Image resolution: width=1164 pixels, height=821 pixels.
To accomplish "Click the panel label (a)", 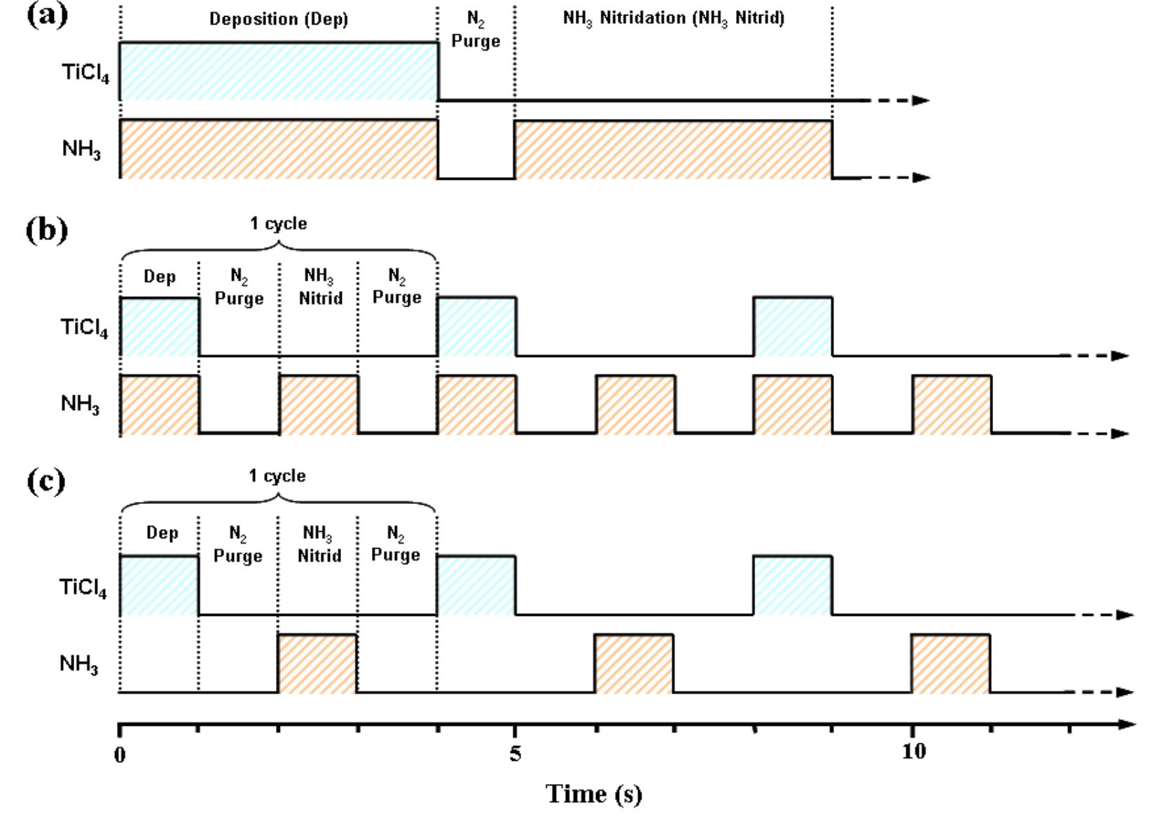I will tap(46, 14).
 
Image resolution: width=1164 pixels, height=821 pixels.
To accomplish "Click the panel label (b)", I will tap(46, 230).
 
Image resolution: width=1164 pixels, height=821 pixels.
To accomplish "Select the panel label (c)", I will tap(46, 482).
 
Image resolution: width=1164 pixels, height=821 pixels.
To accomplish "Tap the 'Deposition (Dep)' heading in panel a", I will tap(279, 19).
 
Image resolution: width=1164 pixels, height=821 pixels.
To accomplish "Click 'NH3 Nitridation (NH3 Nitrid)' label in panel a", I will tap(674, 18).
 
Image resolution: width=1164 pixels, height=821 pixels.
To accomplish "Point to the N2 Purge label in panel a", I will tap(476, 31).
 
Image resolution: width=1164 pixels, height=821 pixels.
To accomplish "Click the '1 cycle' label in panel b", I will tap(279, 223).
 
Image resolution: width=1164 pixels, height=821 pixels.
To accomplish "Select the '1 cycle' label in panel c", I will tap(277, 476).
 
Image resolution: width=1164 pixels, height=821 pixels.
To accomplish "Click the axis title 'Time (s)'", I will tap(593, 794).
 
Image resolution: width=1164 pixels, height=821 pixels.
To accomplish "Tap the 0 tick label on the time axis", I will tap(120, 755).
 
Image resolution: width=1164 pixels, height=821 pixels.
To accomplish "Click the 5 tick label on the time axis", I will tap(515, 753).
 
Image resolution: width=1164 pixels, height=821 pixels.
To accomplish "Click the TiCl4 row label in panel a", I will tap(85, 73).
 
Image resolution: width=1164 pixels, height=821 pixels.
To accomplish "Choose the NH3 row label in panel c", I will tap(78, 664).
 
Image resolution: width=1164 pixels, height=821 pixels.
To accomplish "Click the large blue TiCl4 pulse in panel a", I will tap(279, 71).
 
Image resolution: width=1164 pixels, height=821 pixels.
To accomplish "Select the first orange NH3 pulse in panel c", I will tap(317, 663).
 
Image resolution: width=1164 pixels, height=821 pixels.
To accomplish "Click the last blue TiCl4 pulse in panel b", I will tap(793, 326).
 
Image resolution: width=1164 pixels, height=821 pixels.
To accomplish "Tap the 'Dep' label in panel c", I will tap(162, 533).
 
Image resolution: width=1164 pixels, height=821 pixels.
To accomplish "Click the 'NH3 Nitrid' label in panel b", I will tap(320, 287).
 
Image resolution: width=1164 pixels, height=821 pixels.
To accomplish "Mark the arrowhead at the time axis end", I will tap(1126, 724).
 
